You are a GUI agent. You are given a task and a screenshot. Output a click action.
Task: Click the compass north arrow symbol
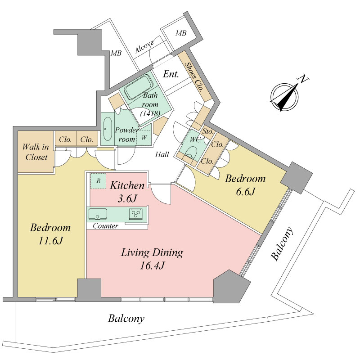pyautogui.click(x=284, y=97)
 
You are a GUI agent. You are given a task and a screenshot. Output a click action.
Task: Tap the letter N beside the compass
pyautogui.click(x=303, y=79)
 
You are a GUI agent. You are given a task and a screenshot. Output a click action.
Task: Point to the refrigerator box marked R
pyautogui.click(x=98, y=181)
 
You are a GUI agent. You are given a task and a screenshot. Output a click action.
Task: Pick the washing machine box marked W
pyautogui.click(x=144, y=138)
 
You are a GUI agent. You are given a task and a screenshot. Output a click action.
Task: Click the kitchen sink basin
pyautogui.click(x=98, y=214)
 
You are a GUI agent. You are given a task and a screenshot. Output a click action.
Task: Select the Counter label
pyautogui.click(x=106, y=226)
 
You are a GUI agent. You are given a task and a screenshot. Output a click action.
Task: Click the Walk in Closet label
pyautogui.click(x=36, y=152)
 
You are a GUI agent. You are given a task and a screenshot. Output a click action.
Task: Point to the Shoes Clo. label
pyautogui.click(x=194, y=77)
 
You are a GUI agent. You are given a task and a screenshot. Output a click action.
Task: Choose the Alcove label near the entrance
pyautogui.click(x=144, y=47)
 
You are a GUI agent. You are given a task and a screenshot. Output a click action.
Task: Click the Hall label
pyautogui.click(x=162, y=154)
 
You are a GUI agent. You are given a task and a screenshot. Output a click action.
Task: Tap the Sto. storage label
pyautogui.click(x=208, y=132)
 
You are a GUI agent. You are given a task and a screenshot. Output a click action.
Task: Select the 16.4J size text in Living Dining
pyautogui.click(x=153, y=265)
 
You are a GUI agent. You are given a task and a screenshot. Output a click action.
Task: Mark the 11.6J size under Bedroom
pyautogui.click(x=50, y=241)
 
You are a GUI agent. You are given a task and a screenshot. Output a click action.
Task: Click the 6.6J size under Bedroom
pyautogui.click(x=245, y=192)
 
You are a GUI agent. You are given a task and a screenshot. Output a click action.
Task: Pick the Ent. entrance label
pyautogui.click(x=171, y=74)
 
